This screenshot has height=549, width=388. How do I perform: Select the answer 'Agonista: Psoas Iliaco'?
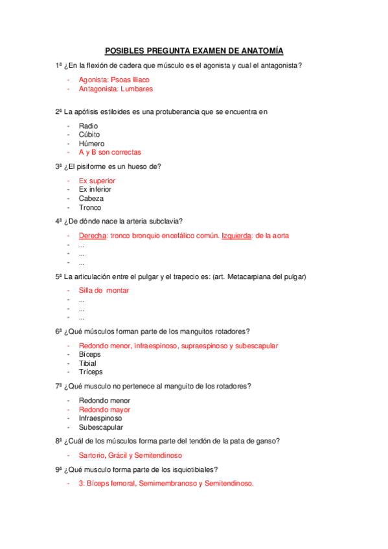pos(114,80)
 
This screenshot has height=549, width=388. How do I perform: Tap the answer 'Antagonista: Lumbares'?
pos(116,89)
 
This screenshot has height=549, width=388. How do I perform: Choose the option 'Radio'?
pos(88,126)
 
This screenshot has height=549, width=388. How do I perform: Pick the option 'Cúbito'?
pos(89,135)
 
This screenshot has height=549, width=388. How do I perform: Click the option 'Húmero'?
pos(91,144)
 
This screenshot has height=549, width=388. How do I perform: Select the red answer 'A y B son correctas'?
pos(110,152)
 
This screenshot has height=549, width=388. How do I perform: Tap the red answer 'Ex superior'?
pos(97,181)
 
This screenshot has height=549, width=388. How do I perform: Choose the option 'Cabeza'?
pos(91,199)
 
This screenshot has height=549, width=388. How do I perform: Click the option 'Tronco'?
pos(90,208)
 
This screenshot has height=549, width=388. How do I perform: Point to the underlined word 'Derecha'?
pos(93,236)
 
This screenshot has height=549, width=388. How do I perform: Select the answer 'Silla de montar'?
pos(104,290)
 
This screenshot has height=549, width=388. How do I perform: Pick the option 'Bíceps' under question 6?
pos(90,354)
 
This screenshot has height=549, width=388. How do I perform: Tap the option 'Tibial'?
pos(87,363)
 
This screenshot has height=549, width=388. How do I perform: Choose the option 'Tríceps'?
pos(91,372)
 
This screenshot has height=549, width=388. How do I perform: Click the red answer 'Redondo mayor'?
pos(104,409)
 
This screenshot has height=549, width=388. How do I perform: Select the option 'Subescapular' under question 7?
pos(100,427)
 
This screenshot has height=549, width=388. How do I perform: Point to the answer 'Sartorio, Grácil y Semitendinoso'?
pos(130,455)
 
